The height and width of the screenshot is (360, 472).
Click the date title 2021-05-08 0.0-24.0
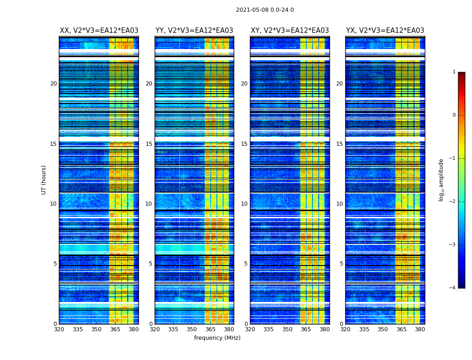click(265, 10)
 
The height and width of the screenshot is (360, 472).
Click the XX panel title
click(99, 31)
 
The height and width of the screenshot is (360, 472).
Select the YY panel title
click(194, 31)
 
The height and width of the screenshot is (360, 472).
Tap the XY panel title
click(290, 31)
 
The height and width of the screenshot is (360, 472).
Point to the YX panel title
click(385, 31)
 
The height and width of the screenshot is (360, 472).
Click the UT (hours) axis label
click(44, 180)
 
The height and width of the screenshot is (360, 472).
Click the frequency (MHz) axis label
click(217, 338)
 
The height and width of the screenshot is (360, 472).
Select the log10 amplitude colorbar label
click(441, 180)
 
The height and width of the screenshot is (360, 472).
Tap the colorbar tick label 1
click(454, 72)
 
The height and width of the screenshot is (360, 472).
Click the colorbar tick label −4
click(453, 288)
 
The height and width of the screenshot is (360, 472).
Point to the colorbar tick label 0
click(454, 115)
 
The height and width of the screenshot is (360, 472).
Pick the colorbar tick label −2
click(453, 202)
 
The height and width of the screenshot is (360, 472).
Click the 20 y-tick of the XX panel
click(53, 84)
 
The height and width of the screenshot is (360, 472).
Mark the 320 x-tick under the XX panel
click(59, 329)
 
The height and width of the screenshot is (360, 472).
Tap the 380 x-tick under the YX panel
click(420, 329)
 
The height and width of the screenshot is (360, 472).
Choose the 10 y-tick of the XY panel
click(244, 204)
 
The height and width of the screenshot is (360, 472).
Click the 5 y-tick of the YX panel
click(341, 264)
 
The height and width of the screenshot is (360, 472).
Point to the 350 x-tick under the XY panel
click(287, 329)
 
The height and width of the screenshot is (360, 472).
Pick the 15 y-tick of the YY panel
click(149, 144)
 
